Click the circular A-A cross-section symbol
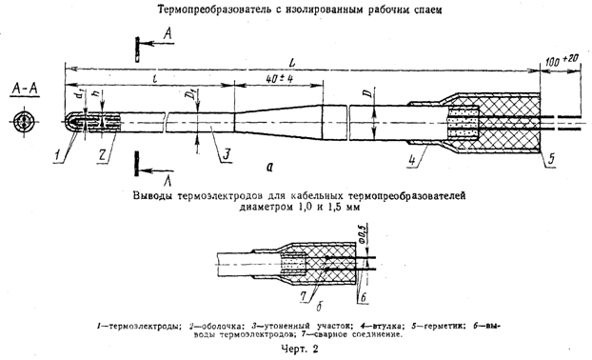coord(25,123)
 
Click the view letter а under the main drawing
coord(271,165)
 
